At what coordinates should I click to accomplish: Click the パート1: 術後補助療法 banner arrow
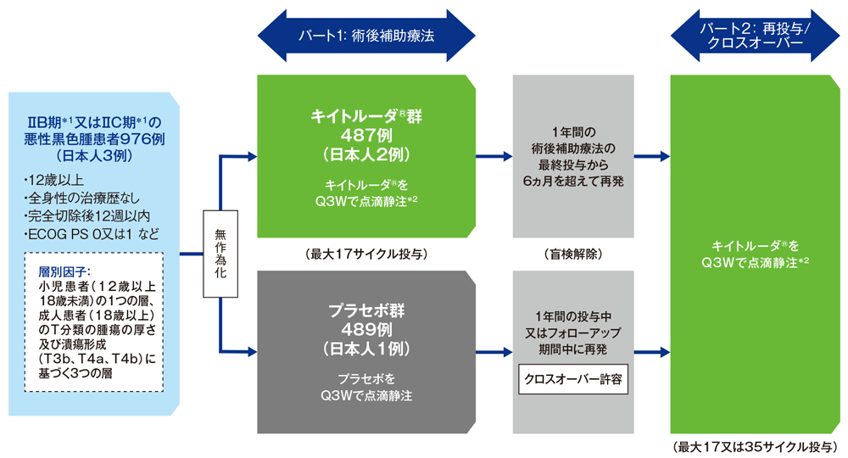point(365,36)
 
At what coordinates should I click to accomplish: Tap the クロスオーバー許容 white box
point(572,380)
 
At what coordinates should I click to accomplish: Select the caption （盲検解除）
point(572,254)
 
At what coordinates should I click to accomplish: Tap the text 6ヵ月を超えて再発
point(572,181)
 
